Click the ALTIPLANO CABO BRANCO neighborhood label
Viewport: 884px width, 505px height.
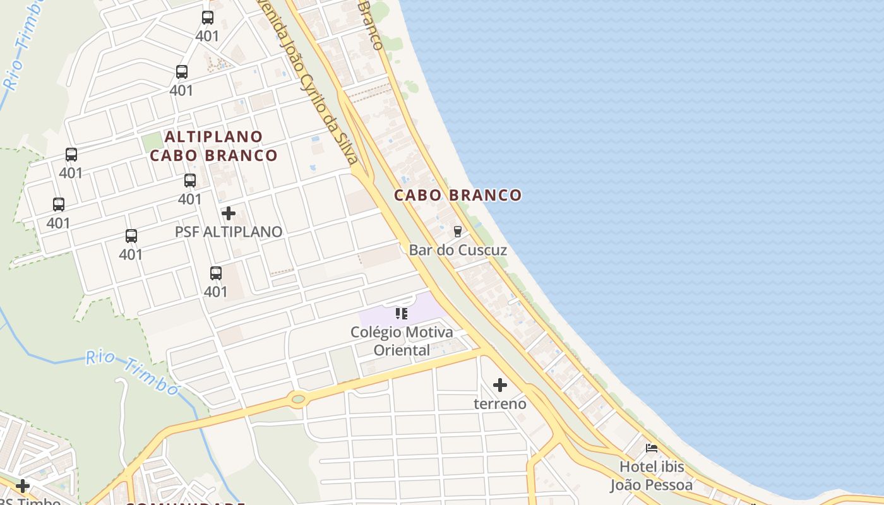(213, 146)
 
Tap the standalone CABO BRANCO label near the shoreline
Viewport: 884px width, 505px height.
(458, 195)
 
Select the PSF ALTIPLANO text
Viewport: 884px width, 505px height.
(229, 232)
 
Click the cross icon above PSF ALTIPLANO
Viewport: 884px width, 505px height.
(229, 213)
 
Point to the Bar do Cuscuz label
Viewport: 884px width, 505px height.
(458, 250)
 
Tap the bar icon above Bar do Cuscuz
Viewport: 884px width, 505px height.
(458, 232)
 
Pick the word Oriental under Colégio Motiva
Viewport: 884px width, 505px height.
(402, 350)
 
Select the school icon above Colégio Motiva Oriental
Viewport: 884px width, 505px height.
(402, 313)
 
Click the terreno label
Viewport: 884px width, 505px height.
(500, 403)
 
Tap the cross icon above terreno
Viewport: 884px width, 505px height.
(500, 384)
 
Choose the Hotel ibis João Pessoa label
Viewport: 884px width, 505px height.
(652, 476)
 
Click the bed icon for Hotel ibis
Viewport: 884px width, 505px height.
(652, 448)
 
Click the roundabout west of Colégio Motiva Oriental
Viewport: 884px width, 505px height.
(297, 398)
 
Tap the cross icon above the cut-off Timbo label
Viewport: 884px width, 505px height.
(23, 486)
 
